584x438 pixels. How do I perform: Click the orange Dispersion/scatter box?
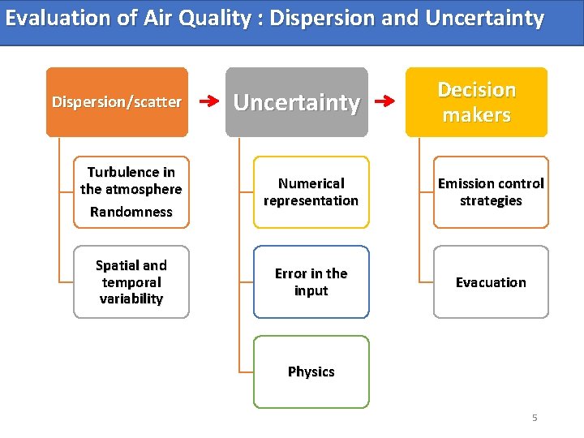(x=117, y=102)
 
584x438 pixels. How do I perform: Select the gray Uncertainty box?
(x=296, y=102)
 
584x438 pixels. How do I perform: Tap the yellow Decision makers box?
(x=476, y=102)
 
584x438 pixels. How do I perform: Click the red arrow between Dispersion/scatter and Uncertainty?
(x=208, y=102)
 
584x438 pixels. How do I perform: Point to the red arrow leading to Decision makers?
(x=387, y=102)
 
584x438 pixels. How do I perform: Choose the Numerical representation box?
(x=311, y=192)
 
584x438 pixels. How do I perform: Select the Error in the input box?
(x=311, y=281)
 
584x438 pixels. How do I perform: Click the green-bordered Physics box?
(x=311, y=371)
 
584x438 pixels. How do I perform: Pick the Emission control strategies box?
(x=491, y=192)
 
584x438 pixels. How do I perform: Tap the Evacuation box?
(x=491, y=281)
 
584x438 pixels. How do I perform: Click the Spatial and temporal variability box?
(x=131, y=281)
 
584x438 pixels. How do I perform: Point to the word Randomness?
(x=131, y=212)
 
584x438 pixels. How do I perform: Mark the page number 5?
(x=535, y=418)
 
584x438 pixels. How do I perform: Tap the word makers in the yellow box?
(x=476, y=115)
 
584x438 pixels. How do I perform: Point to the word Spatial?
(x=118, y=265)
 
